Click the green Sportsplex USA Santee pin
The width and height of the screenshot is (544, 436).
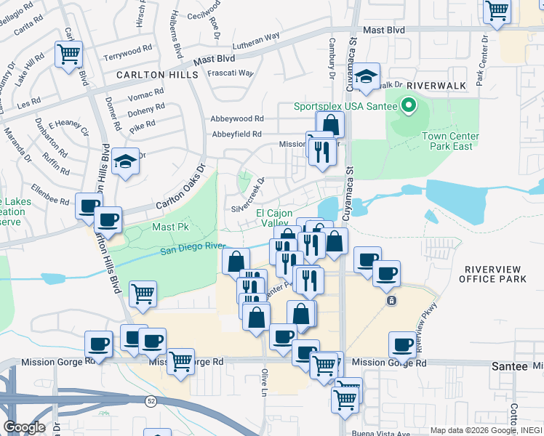[408, 106]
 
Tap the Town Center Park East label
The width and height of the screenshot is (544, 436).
[451, 141]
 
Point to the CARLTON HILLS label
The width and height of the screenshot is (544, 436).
[156, 75]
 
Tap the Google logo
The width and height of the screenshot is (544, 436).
[24, 427]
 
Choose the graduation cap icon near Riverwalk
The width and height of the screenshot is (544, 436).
[369, 77]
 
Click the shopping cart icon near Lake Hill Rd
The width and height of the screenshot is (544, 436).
[68, 54]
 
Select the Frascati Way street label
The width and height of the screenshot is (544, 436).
[231, 73]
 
